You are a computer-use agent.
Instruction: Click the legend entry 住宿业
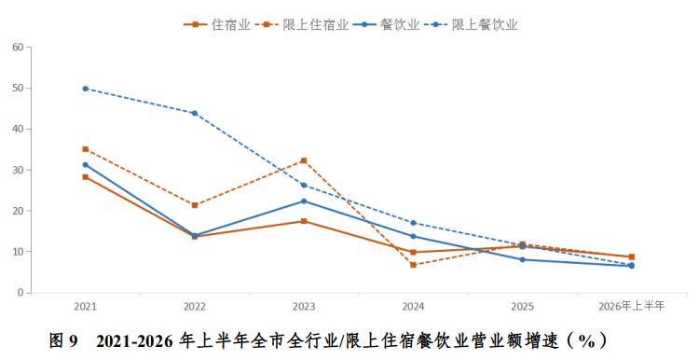click(217, 24)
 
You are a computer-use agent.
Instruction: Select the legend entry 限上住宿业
click(302, 24)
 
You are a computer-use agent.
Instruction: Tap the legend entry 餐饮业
click(387, 24)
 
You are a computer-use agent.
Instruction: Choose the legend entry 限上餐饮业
click(472, 24)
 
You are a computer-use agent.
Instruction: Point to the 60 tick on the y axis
click(18, 47)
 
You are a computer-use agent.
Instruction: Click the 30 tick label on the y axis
click(18, 170)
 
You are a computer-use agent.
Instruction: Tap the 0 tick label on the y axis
click(21, 293)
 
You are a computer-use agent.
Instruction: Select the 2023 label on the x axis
click(304, 307)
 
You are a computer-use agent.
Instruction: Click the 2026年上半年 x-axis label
click(631, 306)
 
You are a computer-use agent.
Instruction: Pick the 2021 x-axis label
click(85, 307)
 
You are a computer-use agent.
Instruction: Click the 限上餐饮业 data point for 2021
click(85, 89)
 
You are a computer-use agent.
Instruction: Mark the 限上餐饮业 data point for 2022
click(195, 113)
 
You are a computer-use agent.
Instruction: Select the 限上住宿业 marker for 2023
click(304, 160)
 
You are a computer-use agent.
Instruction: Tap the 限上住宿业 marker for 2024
click(413, 265)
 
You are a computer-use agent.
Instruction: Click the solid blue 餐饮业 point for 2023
click(304, 201)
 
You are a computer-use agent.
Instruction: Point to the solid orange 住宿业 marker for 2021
click(85, 177)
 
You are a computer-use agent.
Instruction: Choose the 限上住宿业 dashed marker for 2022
click(195, 205)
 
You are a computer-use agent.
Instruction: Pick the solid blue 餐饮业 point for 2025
click(523, 259)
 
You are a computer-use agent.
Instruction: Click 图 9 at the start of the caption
click(62, 341)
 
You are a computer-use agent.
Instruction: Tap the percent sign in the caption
click(586, 341)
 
